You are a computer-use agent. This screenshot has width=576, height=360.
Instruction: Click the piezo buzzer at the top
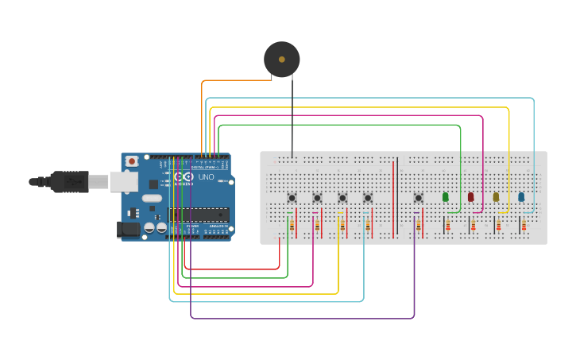coord(281,59)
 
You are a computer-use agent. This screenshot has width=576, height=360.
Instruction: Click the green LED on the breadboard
coord(445,196)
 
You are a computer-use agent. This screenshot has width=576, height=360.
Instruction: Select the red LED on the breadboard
coord(470,196)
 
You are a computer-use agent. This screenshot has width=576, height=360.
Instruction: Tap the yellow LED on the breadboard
coord(496,196)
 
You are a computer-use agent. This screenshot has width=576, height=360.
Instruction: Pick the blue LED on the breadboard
coord(521,196)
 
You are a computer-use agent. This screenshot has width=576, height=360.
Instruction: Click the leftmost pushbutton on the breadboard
coord(292,197)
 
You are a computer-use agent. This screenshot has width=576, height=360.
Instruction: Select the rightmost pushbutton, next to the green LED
coord(419,197)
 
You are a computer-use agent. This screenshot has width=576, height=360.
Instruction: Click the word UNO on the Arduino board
coord(206,177)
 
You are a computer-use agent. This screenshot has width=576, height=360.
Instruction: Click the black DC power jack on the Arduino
coord(127,230)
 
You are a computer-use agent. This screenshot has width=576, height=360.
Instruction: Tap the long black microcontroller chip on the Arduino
coord(199,215)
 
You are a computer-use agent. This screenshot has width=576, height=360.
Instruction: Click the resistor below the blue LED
coord(525,226)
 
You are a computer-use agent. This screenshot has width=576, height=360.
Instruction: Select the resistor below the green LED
coord(449,226)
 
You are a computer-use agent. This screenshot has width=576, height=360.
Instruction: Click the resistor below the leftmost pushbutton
coord(292,226)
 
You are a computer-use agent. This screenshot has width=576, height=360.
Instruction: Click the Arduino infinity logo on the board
coord(180,177)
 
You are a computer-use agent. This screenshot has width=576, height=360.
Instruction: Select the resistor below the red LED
coord(474,226)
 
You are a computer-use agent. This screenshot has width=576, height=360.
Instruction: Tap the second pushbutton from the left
coord(317,197)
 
